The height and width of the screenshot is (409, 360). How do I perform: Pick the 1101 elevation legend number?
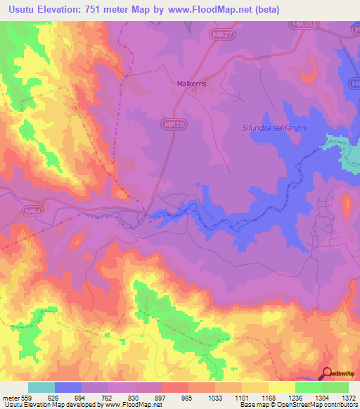[231, 398]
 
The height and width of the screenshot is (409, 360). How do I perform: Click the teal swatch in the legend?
[41, 387]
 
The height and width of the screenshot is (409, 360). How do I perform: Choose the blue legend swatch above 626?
[68, 387]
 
